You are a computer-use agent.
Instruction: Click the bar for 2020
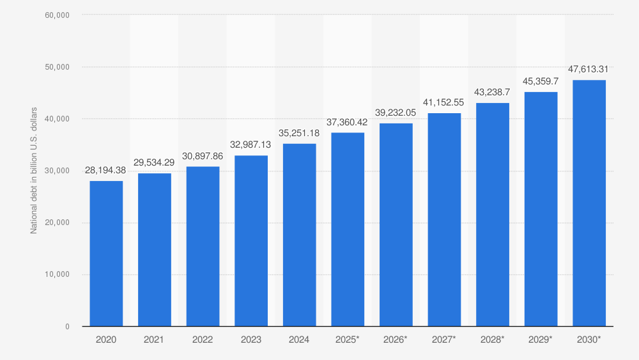106,253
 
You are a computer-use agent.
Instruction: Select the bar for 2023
251,241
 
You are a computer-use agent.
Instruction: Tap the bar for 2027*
444,219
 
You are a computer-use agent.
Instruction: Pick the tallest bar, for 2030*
589,203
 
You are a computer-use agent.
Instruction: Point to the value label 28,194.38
106,171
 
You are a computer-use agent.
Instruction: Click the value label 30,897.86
203,156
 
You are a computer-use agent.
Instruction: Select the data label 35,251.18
299,133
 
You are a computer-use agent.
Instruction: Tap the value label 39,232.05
396,113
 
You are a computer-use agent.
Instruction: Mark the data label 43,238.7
492,92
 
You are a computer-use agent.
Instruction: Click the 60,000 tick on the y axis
58,15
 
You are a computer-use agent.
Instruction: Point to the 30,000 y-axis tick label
58,171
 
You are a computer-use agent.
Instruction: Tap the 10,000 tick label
58,274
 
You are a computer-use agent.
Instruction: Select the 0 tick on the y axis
67,327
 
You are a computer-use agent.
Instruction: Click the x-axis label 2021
154,340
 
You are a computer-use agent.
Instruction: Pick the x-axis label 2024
299,340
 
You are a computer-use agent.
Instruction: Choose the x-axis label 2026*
396,340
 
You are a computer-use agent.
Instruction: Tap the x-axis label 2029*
541,340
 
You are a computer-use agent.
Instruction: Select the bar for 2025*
348,230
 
